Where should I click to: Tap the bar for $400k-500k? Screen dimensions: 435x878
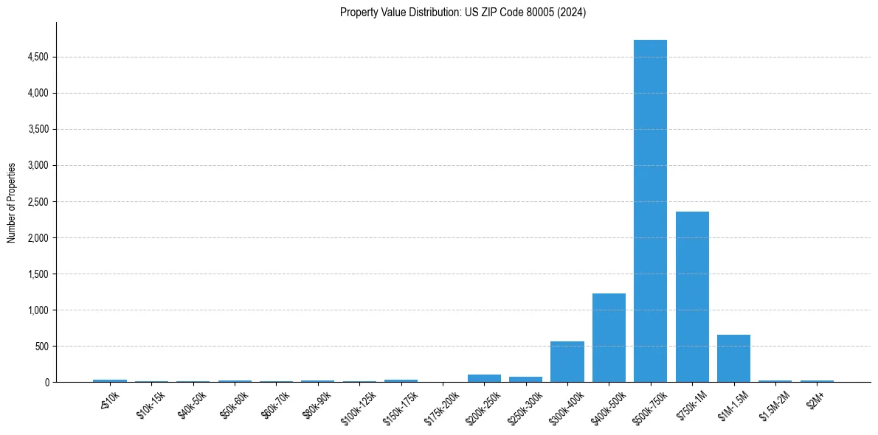click(x=609, y=338)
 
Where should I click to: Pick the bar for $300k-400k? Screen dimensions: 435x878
click(x=567, y=361)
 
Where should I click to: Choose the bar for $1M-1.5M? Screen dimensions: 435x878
click(x=733, y=358)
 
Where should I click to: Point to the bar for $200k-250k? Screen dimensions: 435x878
click(x=484, y=378)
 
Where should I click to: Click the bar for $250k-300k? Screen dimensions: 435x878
click(x=525, y=379)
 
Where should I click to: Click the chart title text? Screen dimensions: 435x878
click(x=463, y=13)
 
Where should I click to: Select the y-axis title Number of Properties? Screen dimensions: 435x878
click(x=12, y=202)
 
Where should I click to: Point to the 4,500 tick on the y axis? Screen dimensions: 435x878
click(x=38, y=57)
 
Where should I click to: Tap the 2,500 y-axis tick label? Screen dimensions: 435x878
click(x=38, y=201)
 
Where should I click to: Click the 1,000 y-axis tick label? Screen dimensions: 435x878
click(x=38, y=310)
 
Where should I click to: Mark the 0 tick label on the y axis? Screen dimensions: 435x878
click(x=46, y=382)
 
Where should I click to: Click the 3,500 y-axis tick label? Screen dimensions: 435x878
click(x=38, y=129)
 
